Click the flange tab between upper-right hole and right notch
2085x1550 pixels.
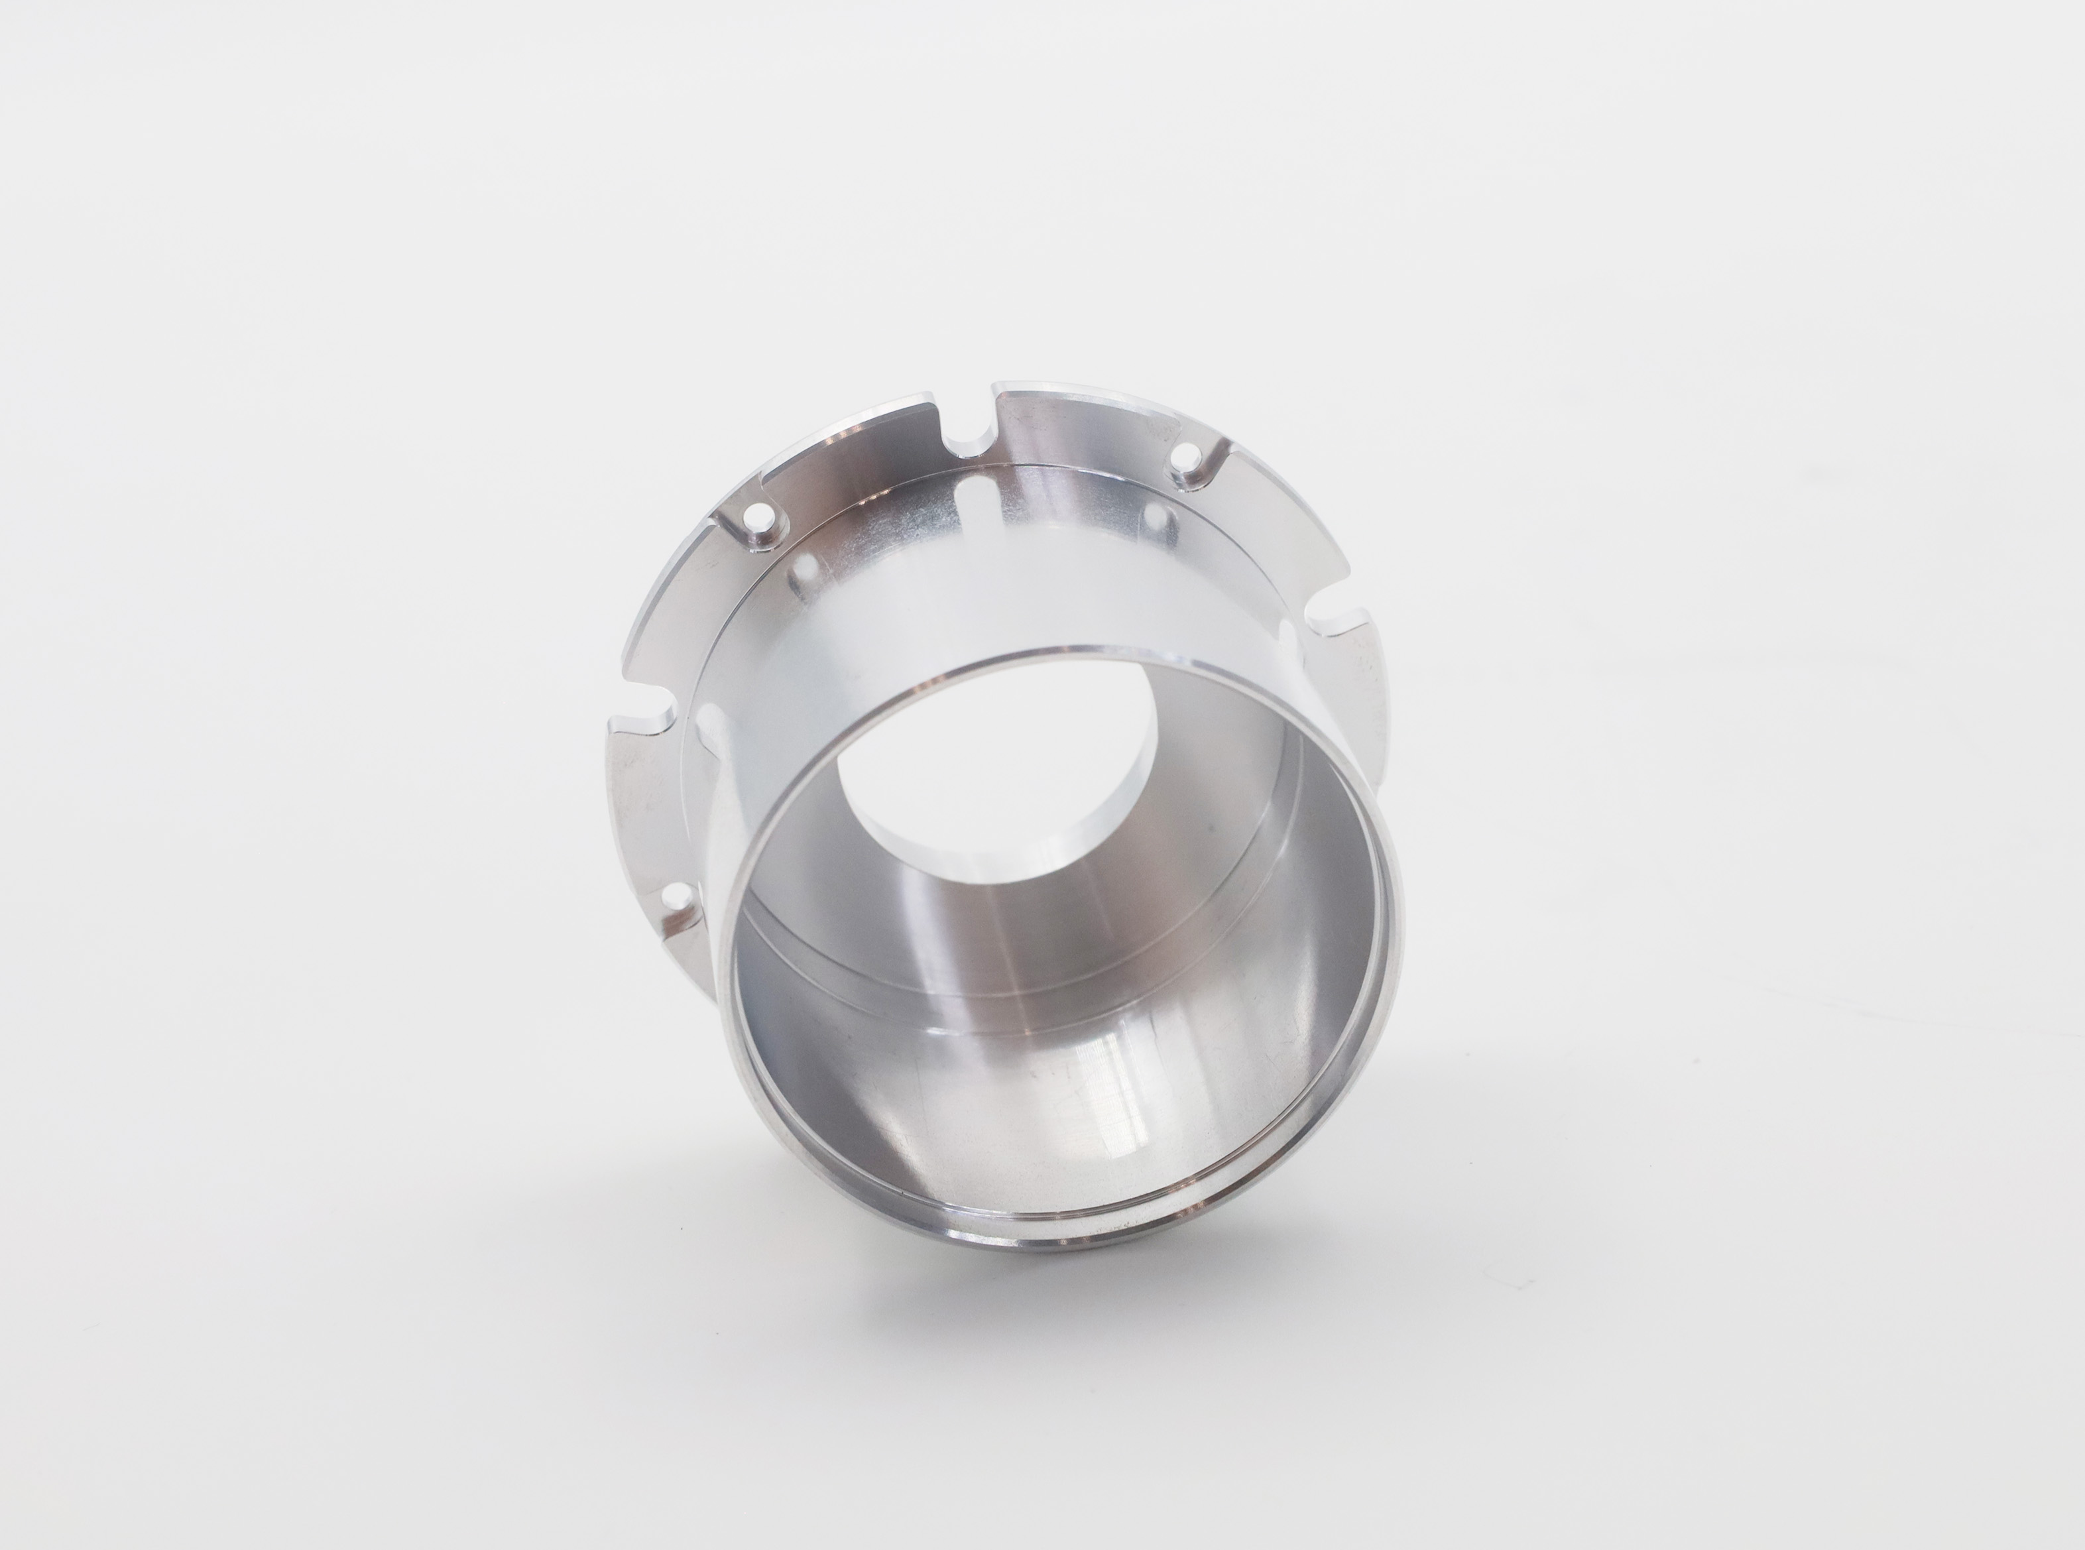coord(1285,526)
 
